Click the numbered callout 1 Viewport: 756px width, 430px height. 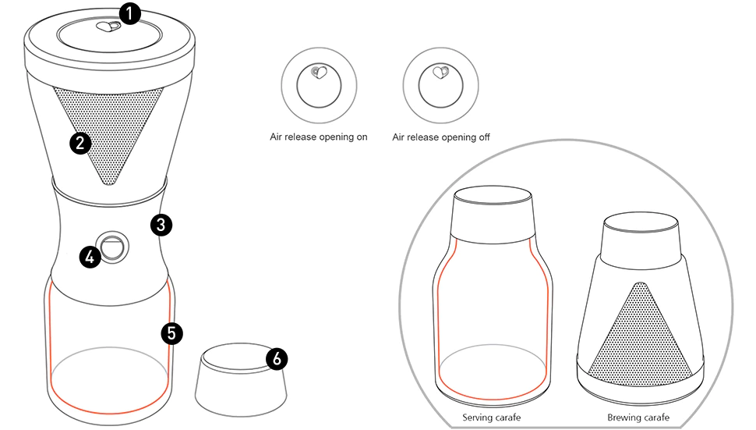tap(129, 14)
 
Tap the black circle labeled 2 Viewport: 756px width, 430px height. tap(79, 143)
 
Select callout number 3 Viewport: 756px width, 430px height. tap(160, 225)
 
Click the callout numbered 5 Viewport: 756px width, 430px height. tap(171, 333)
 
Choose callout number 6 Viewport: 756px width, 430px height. tap(277, 358)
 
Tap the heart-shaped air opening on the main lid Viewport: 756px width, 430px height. tap(107, 27)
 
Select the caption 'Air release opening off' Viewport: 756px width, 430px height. tap(441, 137)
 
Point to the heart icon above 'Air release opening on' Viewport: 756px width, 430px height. tap(316, 73)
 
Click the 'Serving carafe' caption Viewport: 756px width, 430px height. tap(491, 418)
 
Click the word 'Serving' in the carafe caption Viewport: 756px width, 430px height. tap(477, 418)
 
